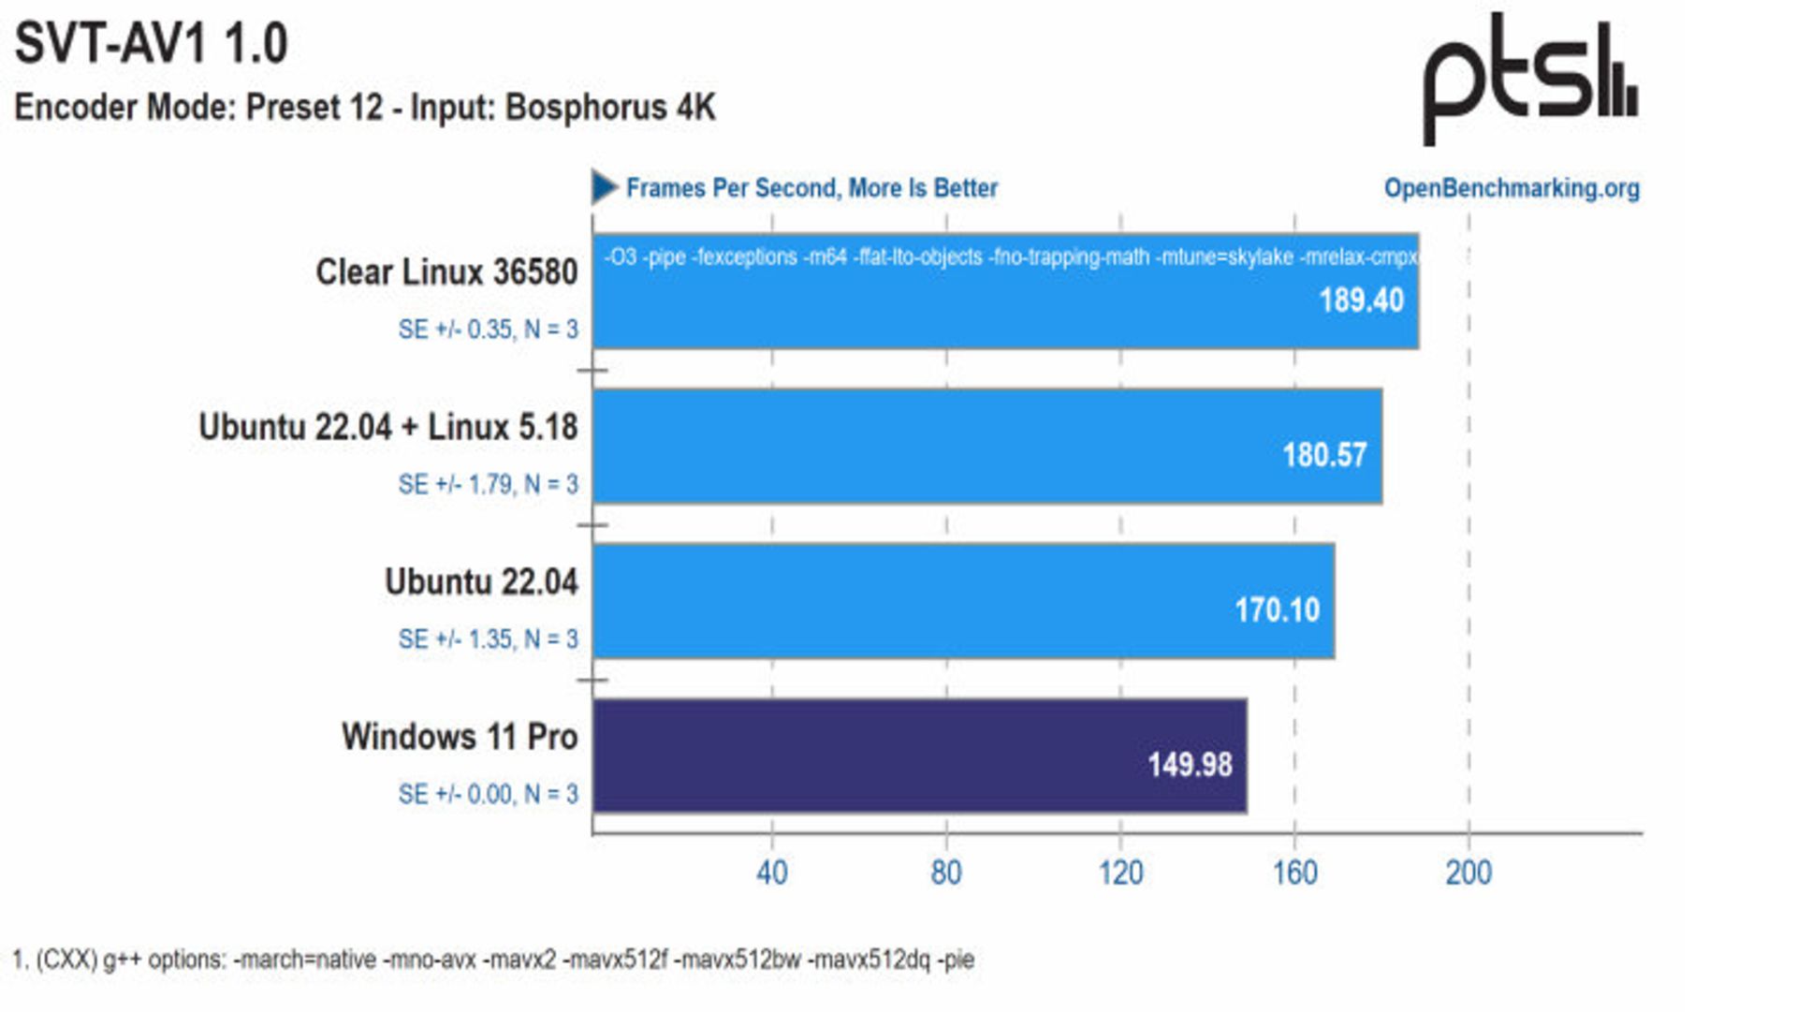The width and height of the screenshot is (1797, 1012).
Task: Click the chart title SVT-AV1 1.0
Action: [151, 44]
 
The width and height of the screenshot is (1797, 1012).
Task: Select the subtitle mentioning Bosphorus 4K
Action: [365, 108]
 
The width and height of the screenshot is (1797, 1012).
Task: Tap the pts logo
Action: [1530, 79]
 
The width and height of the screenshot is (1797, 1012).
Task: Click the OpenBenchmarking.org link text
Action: [1511, 188]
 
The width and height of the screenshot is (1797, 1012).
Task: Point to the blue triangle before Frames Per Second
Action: [604, 187]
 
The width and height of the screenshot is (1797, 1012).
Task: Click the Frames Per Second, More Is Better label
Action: [811, 188]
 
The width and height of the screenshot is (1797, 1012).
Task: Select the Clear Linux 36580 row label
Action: [446, 272]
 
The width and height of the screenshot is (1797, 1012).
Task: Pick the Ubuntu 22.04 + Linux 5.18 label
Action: [388, 428]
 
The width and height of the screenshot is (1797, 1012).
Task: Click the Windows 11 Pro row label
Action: [460, 737]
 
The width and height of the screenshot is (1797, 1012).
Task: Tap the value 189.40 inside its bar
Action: [1361, 301]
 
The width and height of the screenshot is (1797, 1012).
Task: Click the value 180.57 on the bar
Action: [1324, 456]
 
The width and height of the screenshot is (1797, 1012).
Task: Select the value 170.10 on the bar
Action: [1277, 610]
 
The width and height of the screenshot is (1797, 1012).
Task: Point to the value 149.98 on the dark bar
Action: [1190, 765]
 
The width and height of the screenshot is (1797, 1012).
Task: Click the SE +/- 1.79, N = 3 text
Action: [488, 485]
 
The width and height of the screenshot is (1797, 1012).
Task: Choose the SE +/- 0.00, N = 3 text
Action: [488, 795]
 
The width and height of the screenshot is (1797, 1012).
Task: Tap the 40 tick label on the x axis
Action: [771, 873]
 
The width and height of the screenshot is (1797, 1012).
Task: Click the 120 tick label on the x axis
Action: [1120, 873]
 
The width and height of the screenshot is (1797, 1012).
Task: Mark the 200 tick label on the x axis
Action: [1468, 873]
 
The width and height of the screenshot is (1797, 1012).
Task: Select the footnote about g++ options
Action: [493, 960]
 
